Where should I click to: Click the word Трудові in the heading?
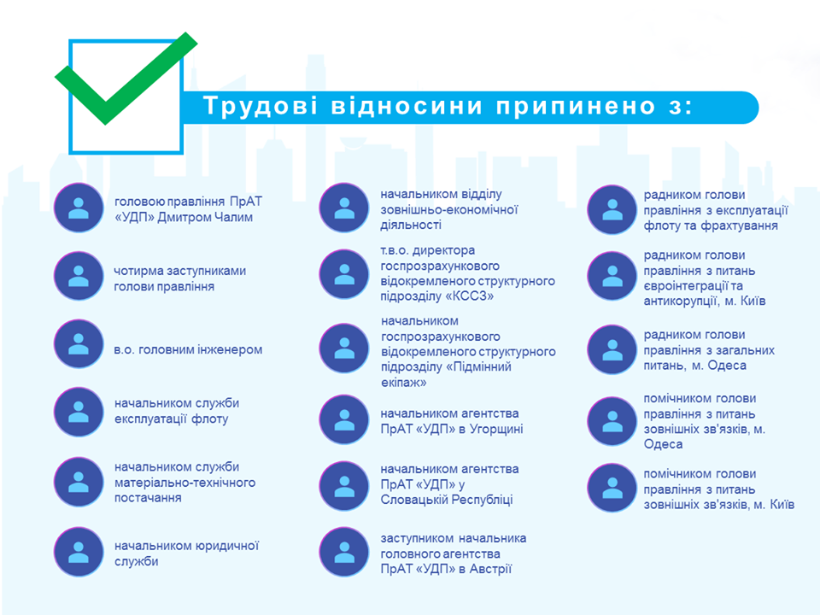(260, 105)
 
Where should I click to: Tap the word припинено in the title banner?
(575, 106)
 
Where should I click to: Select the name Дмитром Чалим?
(205, 217)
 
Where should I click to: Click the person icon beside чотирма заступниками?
(79, 276)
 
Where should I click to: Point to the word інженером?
(229, 349)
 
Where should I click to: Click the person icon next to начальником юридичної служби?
(79, 552)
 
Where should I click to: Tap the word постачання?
(148, 498)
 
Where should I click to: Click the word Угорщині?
(496, 430)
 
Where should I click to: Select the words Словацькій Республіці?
(447, 500)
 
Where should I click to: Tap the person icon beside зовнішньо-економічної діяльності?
(344, 208)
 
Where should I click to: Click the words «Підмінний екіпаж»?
(446, 374)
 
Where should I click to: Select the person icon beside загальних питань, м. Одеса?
(612, 349)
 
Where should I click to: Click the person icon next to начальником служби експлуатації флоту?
(79, 412)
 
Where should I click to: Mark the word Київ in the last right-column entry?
(782, 505)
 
